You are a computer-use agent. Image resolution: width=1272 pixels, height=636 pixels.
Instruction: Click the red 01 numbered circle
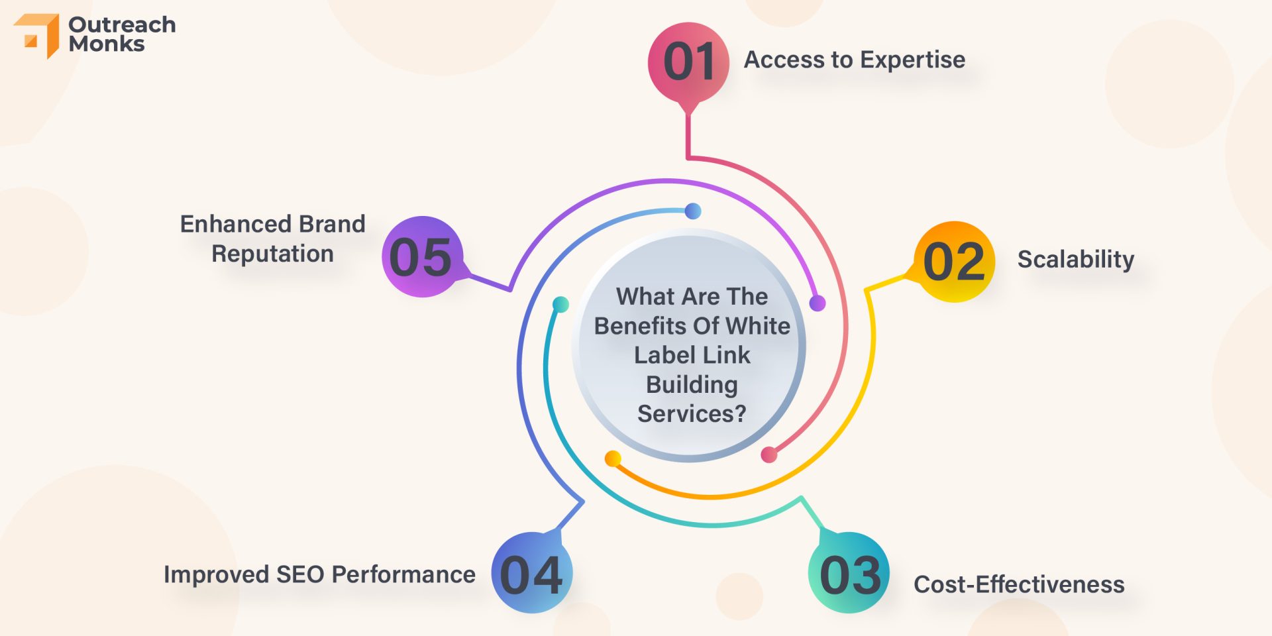(688, 63)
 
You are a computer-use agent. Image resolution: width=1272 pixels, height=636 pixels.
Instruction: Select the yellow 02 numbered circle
(954, 262)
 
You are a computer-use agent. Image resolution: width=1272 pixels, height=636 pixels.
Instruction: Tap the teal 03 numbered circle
(849, 572)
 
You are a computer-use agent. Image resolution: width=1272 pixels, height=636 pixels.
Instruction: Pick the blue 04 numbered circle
(532, 572)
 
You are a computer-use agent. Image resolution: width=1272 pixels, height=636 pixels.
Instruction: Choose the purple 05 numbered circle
(422, 256)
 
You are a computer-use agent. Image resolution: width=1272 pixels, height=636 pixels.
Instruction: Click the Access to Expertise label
(855, 60)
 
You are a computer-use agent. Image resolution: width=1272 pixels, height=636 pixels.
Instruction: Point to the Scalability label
(1076, 259)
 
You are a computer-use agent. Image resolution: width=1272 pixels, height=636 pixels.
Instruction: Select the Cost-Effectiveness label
(1019, 584)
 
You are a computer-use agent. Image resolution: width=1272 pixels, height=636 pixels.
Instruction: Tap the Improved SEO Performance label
(319, 574)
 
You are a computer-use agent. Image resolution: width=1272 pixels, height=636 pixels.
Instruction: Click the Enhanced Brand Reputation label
(272, 238)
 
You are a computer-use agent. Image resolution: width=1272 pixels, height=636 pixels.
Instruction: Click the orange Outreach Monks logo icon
(37, 36)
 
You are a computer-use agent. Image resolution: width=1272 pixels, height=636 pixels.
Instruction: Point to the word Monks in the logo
(107, 44)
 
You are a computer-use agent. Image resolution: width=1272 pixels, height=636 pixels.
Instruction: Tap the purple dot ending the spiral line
(818, 303)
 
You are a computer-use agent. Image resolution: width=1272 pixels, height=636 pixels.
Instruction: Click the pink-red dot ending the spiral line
(768, 454)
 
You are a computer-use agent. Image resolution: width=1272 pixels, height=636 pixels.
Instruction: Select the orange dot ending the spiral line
(613, 458)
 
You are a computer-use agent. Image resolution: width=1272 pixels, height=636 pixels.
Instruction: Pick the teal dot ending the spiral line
(560, 304)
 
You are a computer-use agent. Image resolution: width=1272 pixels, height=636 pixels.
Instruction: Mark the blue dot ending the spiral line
(693, 211)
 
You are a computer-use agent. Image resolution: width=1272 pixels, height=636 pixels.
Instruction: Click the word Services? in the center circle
(692, 413)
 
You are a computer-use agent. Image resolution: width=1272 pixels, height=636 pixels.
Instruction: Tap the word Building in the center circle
(692, 385)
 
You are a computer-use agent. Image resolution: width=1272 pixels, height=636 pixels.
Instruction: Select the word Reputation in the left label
(272, 254)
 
